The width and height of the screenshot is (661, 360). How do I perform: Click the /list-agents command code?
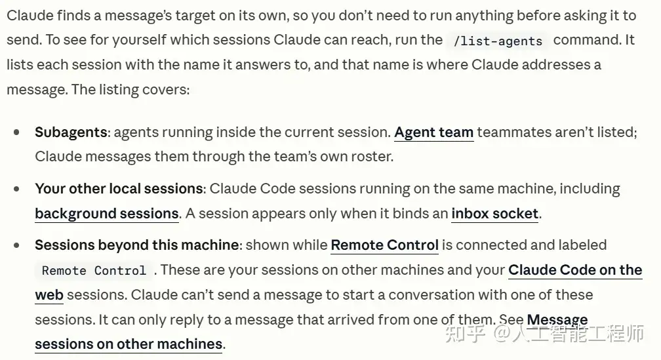click(x=498, y=41)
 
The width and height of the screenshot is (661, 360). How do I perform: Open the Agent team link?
click(x=434, y=132)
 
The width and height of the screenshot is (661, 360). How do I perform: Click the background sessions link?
click(x=107, y=214)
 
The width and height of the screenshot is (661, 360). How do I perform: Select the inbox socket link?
click(x=495, y=214)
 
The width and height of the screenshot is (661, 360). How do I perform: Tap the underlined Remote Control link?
click(x=385, y=245)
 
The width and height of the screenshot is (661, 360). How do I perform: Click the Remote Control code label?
click(x=94, y=270)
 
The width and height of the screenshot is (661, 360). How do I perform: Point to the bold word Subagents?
click(x=71, y=132)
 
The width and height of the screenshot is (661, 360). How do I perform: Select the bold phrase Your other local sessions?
click(x=119, y=188)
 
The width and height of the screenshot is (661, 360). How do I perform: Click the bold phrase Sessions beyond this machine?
click(x=137, y=245)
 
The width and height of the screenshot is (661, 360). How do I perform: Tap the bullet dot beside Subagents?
click(x=16, y=132)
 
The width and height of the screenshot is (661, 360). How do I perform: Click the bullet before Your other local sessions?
click(x=16, y=189)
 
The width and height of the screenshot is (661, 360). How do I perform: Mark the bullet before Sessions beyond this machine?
click(x=16, y=245)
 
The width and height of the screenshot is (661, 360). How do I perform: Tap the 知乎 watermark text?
click(x=466, y=333)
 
